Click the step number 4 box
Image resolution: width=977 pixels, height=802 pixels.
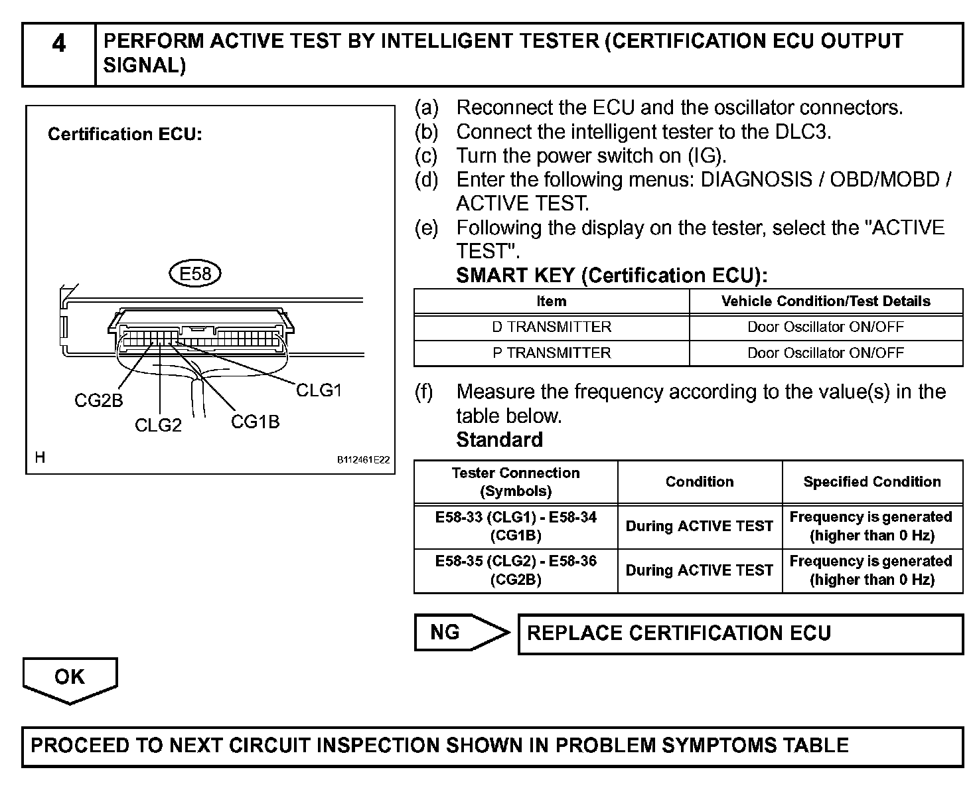click(x=59, y=55)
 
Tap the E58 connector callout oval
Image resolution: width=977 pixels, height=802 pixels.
click(x=194, y=274)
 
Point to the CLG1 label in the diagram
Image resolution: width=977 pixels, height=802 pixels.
click(x=319, y=390)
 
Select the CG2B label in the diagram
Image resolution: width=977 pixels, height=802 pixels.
click(x=98, y=401)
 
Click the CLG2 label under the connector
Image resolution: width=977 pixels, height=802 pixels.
click(x=158, y=426)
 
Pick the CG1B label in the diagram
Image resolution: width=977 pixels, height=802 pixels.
click(x=255, y=422)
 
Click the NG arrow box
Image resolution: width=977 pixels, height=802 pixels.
click(x=461, y=632)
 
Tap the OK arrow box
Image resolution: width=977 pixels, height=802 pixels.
click(x=70, y=679)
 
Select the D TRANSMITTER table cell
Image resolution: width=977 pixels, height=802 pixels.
click(x=552, y=327)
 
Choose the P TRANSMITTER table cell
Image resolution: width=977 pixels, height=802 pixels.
click(x=552, y=353)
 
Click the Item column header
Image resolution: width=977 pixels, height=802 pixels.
click(x=552, y=301)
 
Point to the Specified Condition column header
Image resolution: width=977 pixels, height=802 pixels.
click(x=872, y=482)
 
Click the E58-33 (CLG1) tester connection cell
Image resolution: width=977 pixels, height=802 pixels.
click(x=516, y=526)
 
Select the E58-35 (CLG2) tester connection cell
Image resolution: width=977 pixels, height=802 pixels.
click(x=516, y=570)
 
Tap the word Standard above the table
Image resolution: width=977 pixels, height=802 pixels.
click(x=499, y=440)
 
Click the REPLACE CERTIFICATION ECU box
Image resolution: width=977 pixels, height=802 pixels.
click(x=740, y=633)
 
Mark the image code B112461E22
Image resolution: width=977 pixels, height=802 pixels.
click(x=363, y=459)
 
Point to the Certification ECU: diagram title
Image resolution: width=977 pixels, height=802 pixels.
click(x=125, y=135)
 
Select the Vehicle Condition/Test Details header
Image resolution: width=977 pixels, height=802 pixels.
click(x=826, y=301)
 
